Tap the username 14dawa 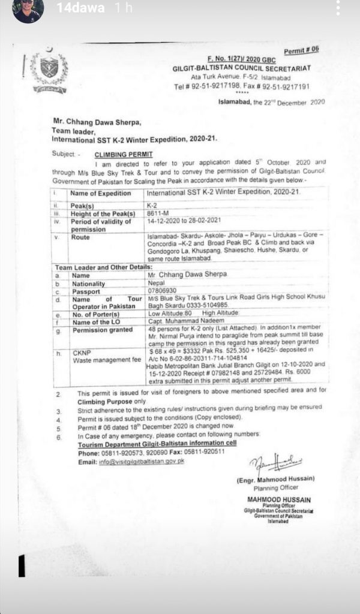(x=80, y=8)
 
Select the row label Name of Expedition (x=100, y=193)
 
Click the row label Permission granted (x=100, y=329)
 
